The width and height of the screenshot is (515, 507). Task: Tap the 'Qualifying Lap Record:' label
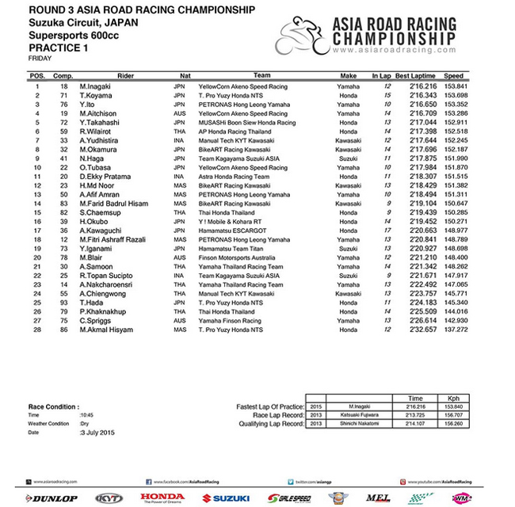tap(273, 425)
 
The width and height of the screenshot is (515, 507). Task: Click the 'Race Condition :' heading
tap(54, 406)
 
